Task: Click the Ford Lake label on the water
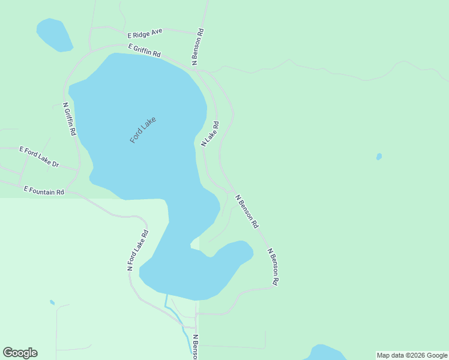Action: coord(143,130)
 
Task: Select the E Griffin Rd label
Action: coord(144,50)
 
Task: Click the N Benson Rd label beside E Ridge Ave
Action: coord(197,46)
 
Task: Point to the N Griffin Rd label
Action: coord(69,118)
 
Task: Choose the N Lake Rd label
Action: coord(209,134)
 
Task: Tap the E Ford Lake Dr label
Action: coord(39,156)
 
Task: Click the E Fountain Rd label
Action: coord(44,190)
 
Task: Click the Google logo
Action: coord(20,353)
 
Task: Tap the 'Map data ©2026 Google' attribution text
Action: coord(412,355)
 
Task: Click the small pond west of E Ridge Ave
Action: coord(54,35)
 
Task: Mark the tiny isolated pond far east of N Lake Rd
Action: coord(379,157)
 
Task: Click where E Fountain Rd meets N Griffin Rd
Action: coord(67,193)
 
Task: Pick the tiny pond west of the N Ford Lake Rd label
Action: coord(52,302)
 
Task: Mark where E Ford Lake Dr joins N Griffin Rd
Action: coord(78,169)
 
